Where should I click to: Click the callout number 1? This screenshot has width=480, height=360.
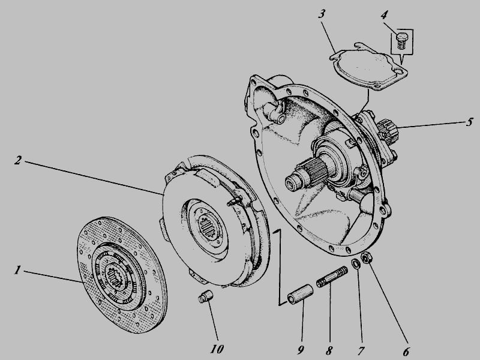18,270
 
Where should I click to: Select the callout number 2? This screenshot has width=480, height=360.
18,160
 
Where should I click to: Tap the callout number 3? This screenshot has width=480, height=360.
322,14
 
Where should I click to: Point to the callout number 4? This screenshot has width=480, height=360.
385,14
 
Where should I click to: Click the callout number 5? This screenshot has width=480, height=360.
469,122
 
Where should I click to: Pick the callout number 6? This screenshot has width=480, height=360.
406,352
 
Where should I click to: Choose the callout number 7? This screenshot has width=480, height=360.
362,350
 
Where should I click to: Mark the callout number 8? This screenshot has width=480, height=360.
329,350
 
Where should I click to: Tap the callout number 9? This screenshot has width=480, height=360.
301,349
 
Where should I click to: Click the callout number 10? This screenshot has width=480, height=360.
217,349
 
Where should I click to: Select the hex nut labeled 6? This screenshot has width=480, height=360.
366,258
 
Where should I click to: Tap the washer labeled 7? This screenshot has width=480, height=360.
356,263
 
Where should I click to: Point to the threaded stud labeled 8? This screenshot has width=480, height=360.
332,277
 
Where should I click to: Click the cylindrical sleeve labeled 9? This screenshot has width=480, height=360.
300,295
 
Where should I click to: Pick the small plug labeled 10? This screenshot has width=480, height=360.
205,296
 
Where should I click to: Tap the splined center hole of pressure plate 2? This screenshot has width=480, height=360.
208,226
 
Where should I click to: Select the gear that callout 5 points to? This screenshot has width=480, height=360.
388,131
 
